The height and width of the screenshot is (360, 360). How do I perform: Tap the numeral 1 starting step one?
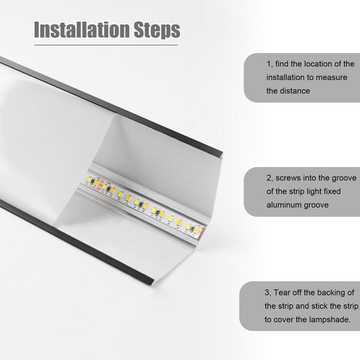click(x=268, y=63)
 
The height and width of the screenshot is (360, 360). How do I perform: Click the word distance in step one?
click(x=297, y=91)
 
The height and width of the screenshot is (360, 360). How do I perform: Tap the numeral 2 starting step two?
click(x=268, y=177)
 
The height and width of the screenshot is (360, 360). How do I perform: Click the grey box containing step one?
click(x=301, y=77)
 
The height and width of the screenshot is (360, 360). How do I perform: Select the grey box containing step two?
click(x=301, y=190)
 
